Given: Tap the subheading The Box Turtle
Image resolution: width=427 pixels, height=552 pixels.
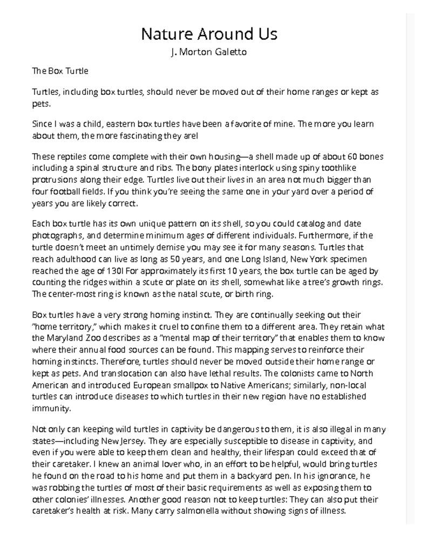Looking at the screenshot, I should [60, 71].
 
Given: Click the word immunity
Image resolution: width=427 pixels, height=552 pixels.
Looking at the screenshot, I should [51, 409].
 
